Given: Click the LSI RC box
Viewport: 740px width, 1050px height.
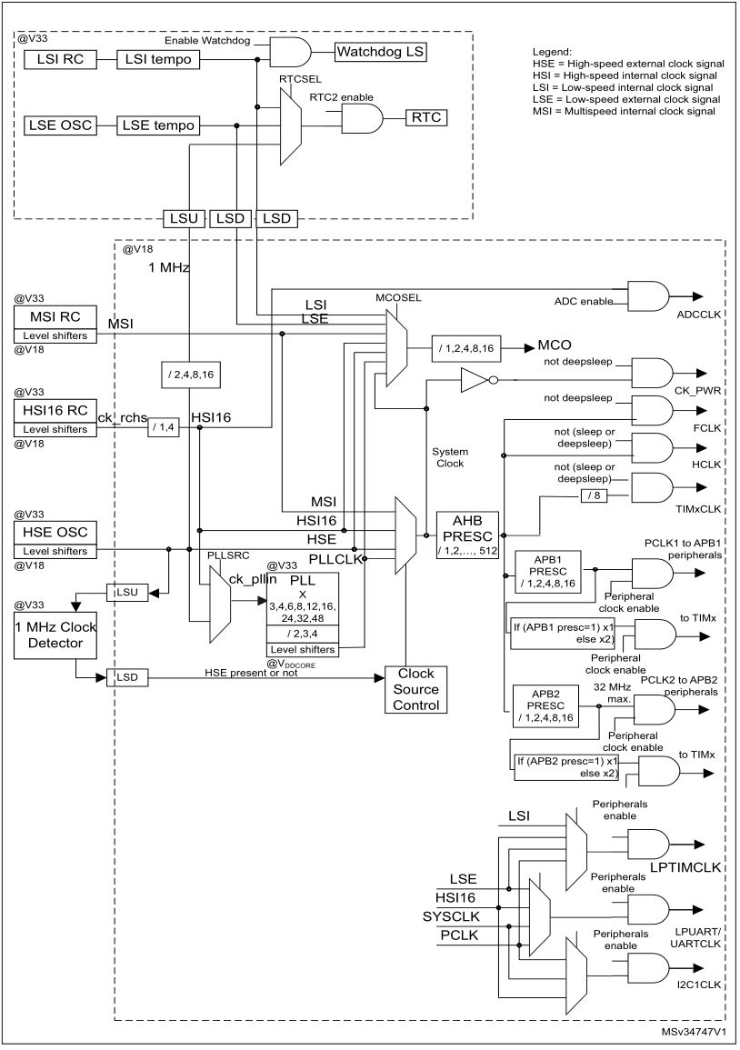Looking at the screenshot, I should coord(61,59).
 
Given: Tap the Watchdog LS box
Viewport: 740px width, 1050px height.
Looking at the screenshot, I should coord(381,52).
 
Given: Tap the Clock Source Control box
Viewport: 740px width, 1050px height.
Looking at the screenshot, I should coord(416,689).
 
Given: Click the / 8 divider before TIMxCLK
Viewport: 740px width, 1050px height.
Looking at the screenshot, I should coord(593,495).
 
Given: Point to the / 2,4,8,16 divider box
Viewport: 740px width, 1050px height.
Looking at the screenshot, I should coord(189,373).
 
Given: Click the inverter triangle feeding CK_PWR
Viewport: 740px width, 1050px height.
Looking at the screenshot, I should coord(475,379).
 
